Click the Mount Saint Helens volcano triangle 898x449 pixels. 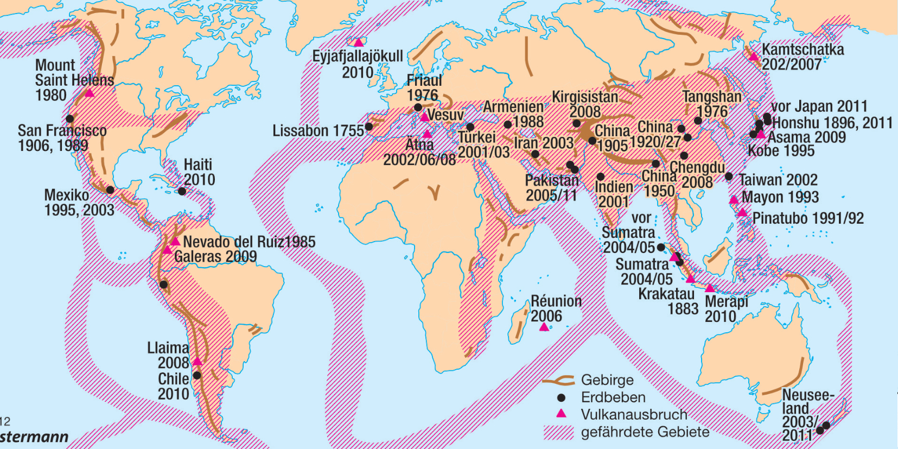pos(90,93)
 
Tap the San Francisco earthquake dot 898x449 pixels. pos(69,119)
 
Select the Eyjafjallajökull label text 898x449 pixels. pos(357,56)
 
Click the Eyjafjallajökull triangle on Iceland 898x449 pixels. pos(358,42)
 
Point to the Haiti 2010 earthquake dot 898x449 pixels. pos(182,191)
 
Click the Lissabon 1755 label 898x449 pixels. pos(318,131)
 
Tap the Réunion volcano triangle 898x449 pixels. pos(544,327)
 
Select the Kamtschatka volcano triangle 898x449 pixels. pos(754,56)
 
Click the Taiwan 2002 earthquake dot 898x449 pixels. pos(729,176)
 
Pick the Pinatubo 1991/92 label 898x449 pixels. pos(807,218)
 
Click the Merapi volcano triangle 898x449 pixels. pos(710,288)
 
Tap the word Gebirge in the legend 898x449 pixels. pos(607,380)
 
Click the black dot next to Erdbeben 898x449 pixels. pos(561,397)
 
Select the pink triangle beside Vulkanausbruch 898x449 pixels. pos(561,414)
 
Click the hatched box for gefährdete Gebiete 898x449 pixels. pos(558,432)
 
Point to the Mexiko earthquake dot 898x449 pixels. pos(110,189)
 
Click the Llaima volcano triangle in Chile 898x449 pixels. pos(197,361)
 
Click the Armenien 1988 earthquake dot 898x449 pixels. pos(508,124)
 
